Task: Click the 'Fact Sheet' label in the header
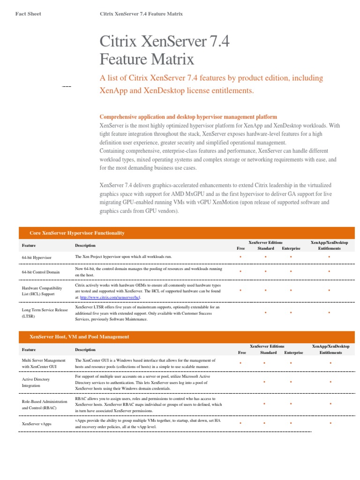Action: click(28, 14)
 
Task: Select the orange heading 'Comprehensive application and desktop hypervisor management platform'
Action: click(188, 117)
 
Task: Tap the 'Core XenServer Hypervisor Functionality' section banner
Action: click(77, 233)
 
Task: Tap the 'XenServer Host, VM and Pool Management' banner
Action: click(79, 337)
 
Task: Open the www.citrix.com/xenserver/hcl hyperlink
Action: click(110, 297)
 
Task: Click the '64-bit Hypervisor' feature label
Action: click(37, 258)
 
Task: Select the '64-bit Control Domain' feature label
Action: click(41, 272)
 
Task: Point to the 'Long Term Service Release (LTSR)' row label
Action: click(45, 313)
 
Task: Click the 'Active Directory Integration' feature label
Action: click(36, 382)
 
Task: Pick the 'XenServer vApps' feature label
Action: click(37, 424)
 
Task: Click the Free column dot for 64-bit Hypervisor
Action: click(240, 257)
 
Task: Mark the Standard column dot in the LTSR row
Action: click(265, 312)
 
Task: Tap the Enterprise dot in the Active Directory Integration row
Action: click(291, 382)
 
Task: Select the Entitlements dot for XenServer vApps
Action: click(330, 423)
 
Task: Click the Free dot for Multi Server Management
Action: click(240, 363)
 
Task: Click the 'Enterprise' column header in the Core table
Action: click(291, 248)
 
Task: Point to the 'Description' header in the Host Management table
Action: click(85, 350)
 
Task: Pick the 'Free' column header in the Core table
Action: click(240, 248)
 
